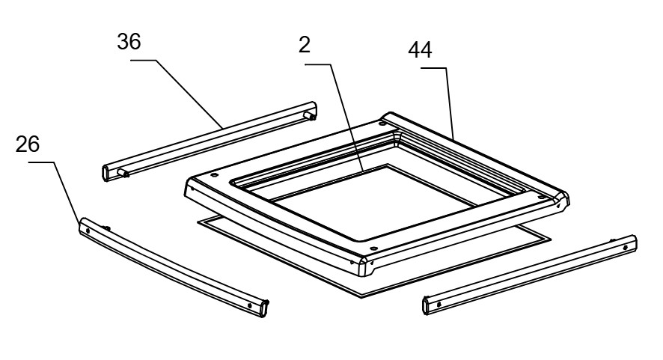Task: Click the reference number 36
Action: [129, 41]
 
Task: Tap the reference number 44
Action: [420, 50]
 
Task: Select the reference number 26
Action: [28, 144]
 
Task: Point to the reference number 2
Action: [305, 45]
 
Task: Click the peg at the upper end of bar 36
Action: [310, 115]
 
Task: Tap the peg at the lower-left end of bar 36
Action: [123, 173]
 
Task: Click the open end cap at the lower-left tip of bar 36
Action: [106, 173]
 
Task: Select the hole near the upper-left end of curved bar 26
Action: [88, 231]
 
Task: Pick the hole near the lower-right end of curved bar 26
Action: [249, 305]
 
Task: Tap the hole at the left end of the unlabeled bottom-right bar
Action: [439, 304]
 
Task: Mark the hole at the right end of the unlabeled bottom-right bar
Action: [625, 248]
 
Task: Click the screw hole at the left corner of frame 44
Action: [214, 174]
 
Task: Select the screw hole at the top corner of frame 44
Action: [382, 123]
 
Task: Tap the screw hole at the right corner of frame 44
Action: [541, 198]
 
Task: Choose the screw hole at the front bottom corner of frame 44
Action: [373, 248]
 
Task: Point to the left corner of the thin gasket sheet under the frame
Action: [198, 222]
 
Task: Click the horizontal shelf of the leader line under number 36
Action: [144, 61]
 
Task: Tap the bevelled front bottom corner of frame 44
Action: [364, 266]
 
